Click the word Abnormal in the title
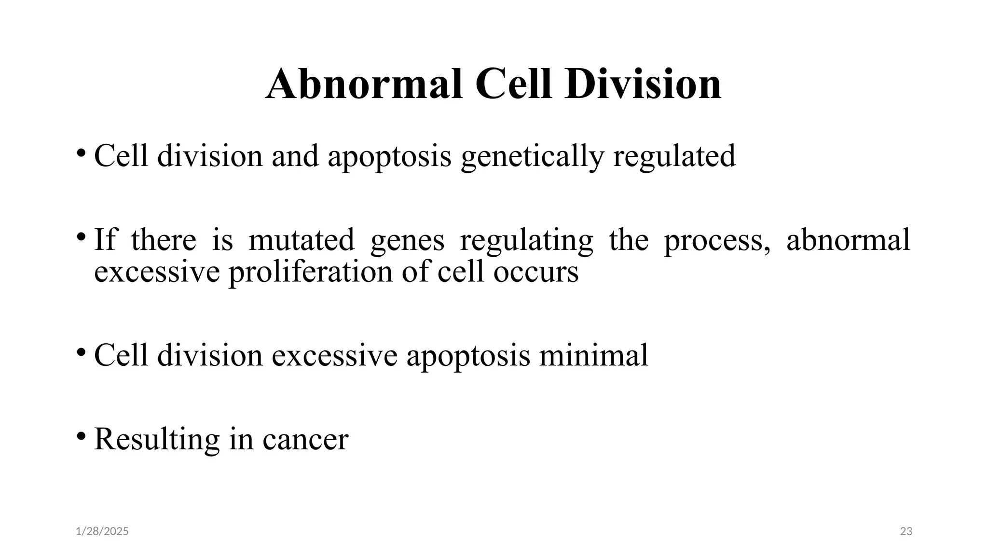tap(364, 84)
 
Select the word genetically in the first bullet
tap(532, 156)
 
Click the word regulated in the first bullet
tap(674, 156)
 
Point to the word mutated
tap(301, 240)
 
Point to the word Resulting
tap(157, 439)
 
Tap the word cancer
tap(305, 439)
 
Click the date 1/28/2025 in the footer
tap(102, 531)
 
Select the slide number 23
tap(906, 531)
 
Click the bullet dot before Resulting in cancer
tap(81, 436)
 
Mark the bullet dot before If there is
tap(81, 236)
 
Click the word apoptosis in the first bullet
tap(389, 156)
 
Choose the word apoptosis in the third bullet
tap(468, 356)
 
